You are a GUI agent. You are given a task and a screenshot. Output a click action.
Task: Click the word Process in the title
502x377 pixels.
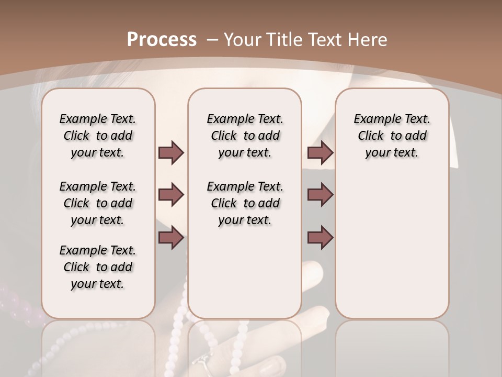point(162,39)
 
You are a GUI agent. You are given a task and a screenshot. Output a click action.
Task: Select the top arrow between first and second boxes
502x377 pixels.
point(171,152)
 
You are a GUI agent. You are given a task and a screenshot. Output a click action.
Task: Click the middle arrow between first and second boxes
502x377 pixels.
point(171,195)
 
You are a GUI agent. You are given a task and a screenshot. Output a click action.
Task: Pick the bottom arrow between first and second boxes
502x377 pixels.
point(171,238)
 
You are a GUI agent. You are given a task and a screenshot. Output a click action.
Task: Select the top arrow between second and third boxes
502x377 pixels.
point(320,152)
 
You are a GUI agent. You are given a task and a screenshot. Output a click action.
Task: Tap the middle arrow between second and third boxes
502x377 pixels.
point(320,195)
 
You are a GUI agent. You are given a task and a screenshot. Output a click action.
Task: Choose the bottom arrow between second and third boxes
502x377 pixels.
point(320,238)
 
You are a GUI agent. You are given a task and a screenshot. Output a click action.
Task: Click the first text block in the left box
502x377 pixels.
point(98,136)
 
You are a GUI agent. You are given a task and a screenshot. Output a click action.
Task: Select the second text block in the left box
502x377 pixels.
point(98,203)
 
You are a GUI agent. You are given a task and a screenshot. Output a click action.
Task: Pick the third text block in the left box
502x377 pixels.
point(98,267)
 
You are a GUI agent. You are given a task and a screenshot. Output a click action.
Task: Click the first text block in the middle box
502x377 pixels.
point(245,136)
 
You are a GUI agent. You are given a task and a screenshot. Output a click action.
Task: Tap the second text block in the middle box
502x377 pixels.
point(245,203)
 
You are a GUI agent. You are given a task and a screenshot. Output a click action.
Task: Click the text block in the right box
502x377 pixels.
point(392,136)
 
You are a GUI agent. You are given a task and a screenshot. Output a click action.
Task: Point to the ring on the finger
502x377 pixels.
point(201,361)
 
